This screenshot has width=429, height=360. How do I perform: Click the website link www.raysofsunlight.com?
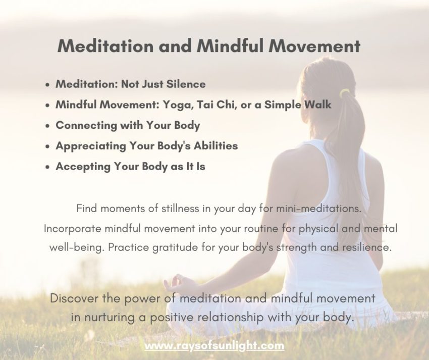(215, 346)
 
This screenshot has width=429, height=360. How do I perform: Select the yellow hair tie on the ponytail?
(345, 93)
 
